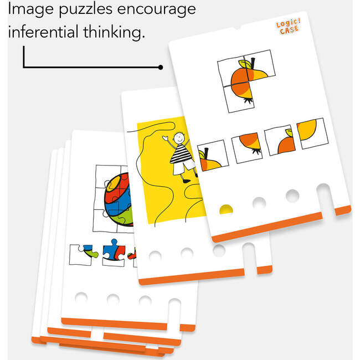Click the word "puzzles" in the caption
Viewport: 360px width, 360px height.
click(x=86, y=10)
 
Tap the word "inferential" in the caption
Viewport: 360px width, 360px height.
click(x=43, y=32)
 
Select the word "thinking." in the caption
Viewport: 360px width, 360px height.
click(x=114, y=32)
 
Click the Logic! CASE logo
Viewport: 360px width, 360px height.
click(x=289, y=27)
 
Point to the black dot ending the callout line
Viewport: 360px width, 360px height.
click(x=161, y=67)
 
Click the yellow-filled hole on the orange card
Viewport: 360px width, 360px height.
click(x=226, y=209)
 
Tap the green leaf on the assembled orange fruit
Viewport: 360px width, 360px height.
click(x=245, y=64)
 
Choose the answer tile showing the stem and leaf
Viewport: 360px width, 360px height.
click(x=213, y=156)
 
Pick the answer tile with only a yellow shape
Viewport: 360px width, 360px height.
click(x=312, y=133)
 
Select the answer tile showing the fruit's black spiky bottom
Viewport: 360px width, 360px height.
click(x=247, y=147)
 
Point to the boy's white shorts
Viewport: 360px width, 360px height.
click(x=184, y=167)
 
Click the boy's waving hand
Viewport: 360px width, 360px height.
click(x=165, y=138)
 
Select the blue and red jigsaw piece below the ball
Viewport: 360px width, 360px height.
click(x=114, y=253)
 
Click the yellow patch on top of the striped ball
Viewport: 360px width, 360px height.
click(x=112, y=184)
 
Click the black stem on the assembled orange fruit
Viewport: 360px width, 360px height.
click(x=253, y=63)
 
